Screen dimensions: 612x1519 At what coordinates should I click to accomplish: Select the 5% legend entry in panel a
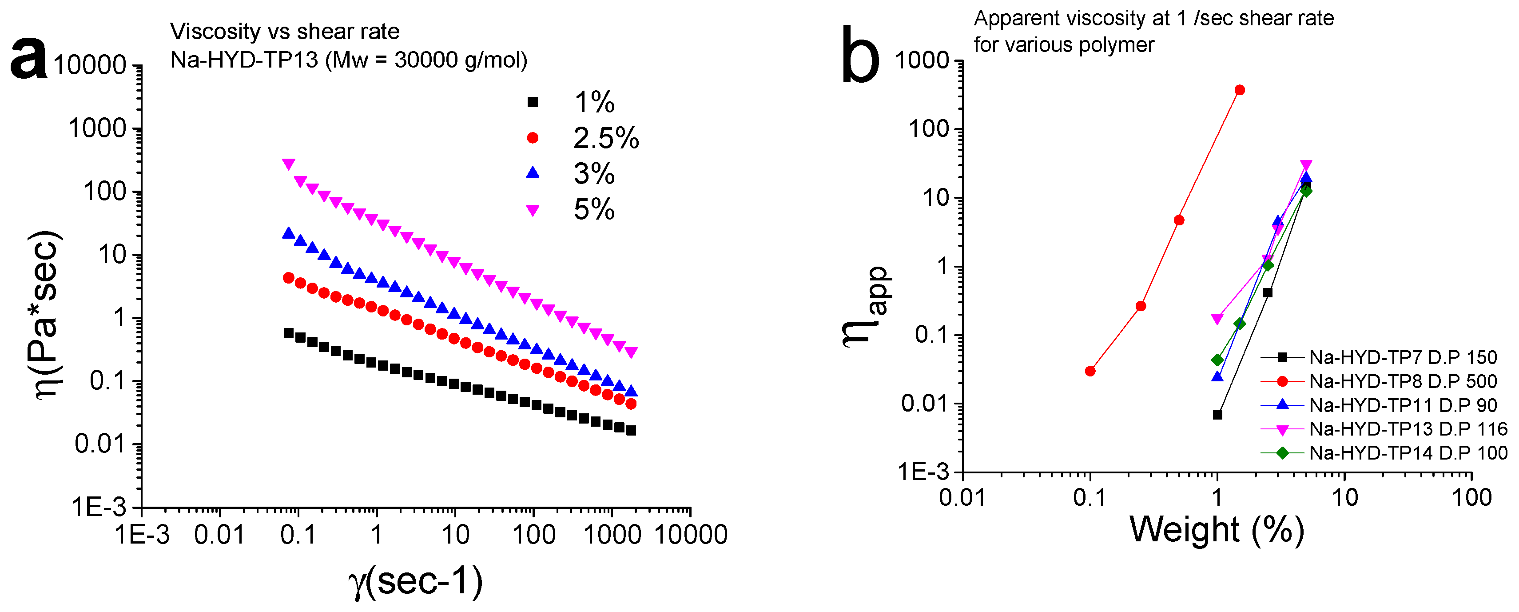[x=593, y=209]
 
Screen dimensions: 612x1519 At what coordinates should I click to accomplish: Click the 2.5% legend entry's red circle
[x=533, y=138]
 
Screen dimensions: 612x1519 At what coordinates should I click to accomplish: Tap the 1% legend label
[x=594, y=103]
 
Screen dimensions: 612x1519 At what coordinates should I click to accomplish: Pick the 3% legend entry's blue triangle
[x=533, y=172]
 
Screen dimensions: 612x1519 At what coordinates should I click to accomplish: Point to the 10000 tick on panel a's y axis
[x=90, y=65]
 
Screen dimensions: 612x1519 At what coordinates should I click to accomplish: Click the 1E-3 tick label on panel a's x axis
[x=142, y=535]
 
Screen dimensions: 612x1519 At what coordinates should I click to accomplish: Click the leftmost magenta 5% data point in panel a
[x=288, y=164]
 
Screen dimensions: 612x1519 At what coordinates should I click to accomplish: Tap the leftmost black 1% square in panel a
[x=288, y=333]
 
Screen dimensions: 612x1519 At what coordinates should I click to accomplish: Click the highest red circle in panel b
[x=1240, y=90]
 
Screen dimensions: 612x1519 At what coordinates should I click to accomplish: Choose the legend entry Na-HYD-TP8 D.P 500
[x=1402, y=382]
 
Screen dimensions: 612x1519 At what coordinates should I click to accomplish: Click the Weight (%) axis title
[x=1217, y=529]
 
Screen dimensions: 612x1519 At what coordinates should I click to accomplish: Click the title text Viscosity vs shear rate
[x=285, y=31]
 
